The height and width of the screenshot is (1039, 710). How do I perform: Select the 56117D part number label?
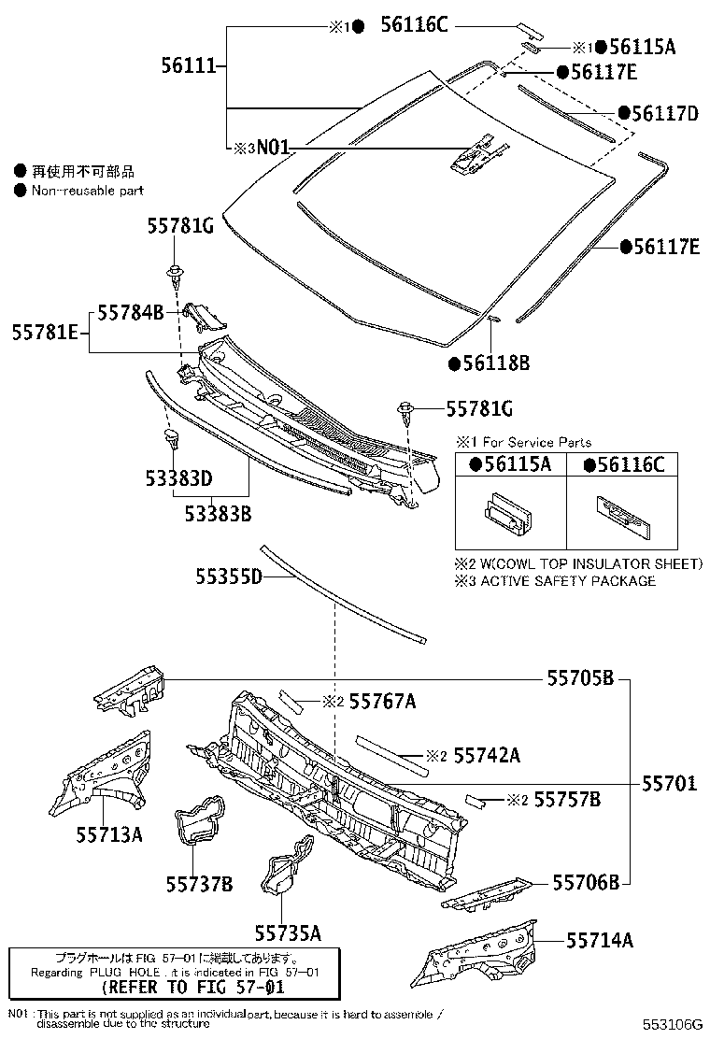pos(664,113)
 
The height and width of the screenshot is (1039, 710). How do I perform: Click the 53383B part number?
pos(217,513)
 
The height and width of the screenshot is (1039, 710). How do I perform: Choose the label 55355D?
pos(229,577)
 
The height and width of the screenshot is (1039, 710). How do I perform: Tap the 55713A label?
pos(109,834)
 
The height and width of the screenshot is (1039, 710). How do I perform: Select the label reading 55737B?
pos(199,883)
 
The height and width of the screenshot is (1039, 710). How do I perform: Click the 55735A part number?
pos(288,932)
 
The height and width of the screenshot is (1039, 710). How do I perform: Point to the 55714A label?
pos(600,940)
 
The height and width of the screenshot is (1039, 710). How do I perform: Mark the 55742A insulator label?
pos(486,755)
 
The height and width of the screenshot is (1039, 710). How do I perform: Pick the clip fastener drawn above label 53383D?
pos(173,437)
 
